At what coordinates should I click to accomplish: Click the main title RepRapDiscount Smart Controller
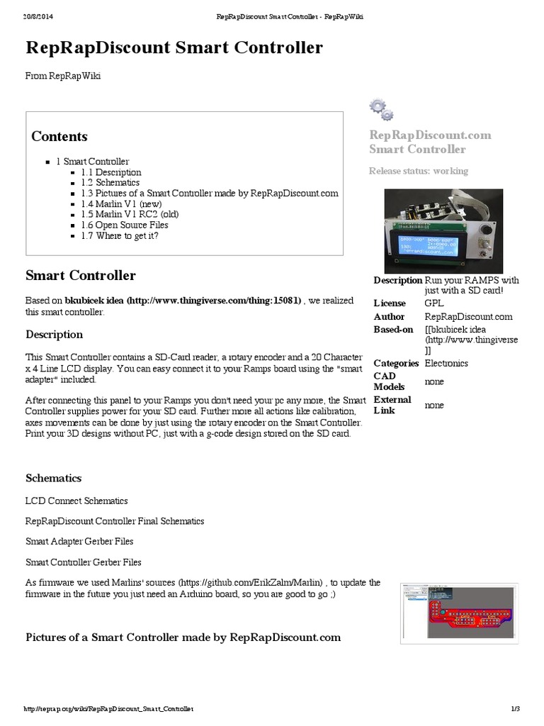pyautogui.click(x=174, y=48)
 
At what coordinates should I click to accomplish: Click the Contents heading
pyautogui.click(x=59, y=136)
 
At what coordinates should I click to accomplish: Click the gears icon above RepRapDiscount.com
pyautogui.click(x=380, y=109)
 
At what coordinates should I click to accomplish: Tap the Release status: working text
pyautogui.click(x=418, y=171)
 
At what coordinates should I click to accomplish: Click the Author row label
pyautogui.click(x=389, y=317)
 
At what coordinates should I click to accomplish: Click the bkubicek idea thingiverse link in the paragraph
pyautogui.click(x=183, y=300)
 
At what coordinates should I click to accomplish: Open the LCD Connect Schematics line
pyautogui.click(x=76, y=501)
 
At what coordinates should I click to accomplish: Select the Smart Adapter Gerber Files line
pyautogui.click(x=79, y=542)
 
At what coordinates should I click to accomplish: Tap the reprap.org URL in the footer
pyautogui.click(x=108, y=708)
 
